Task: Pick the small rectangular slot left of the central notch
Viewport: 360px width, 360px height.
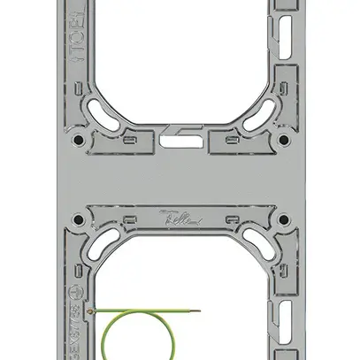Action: pos(133,139)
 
